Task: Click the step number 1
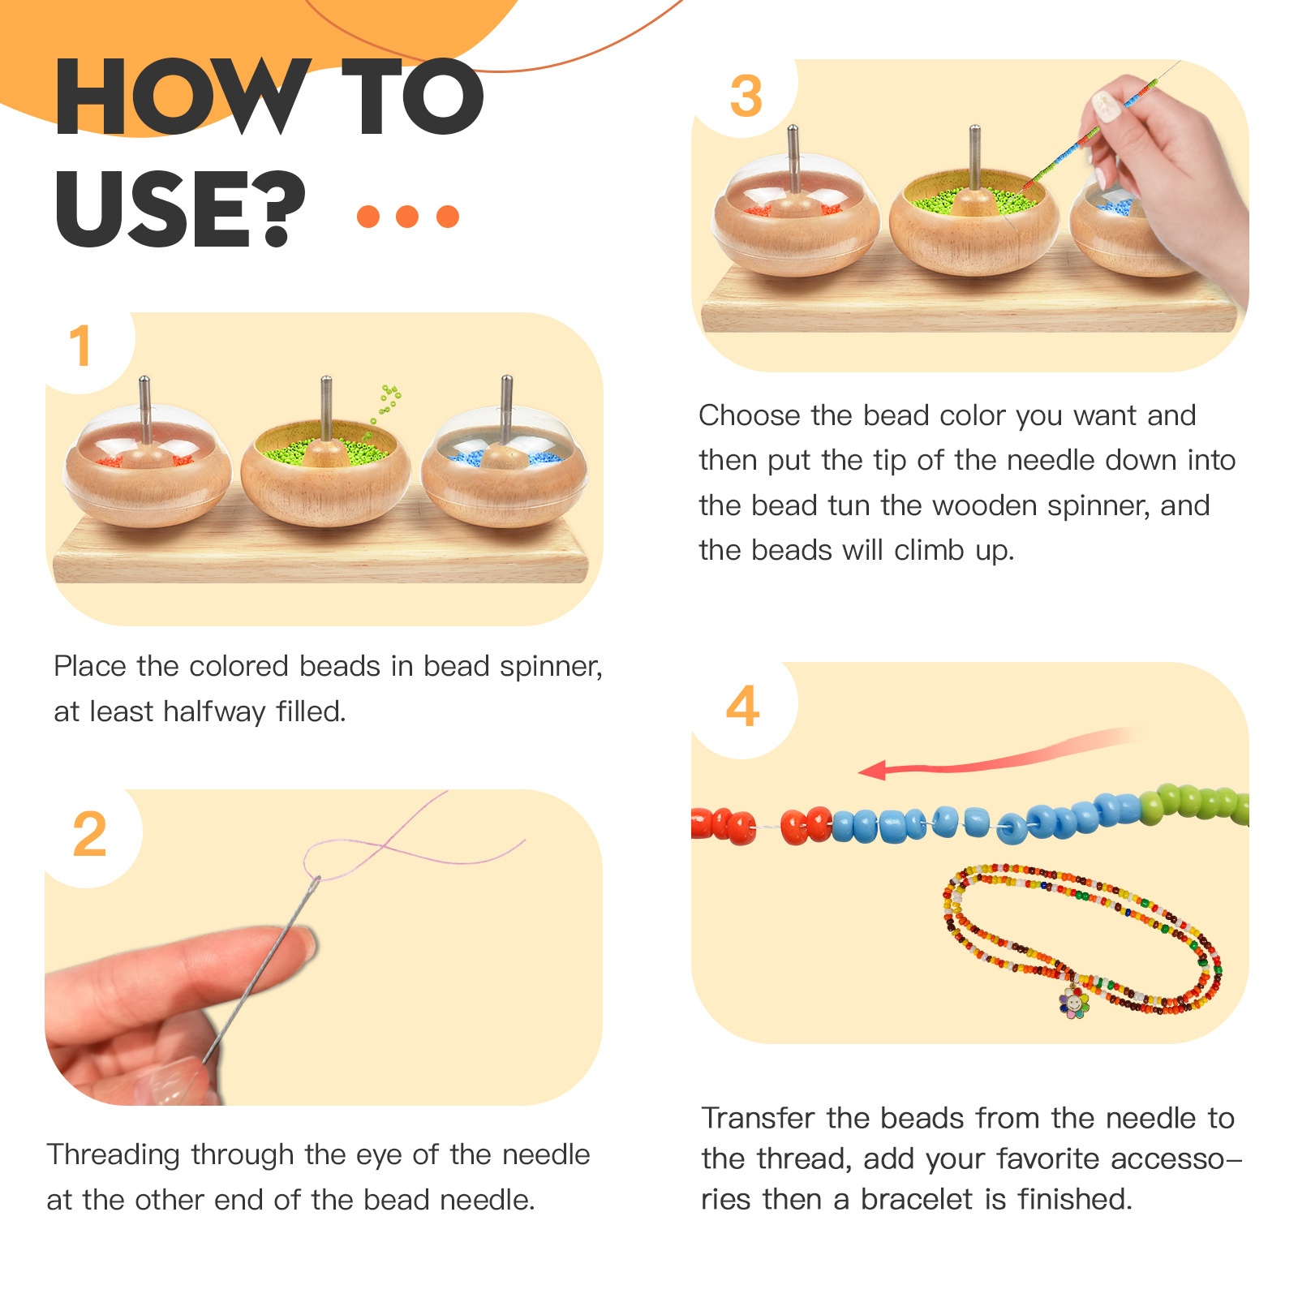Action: (80, 346)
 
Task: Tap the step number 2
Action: (89, 834)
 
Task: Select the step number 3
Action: (746, 96)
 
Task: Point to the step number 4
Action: (743, 706)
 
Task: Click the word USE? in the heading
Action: (180, 208)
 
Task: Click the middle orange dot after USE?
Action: (407, 217)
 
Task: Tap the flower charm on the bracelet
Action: (1074, 1003)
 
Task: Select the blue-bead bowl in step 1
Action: (505, 471)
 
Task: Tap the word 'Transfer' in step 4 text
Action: (759, 1118)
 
